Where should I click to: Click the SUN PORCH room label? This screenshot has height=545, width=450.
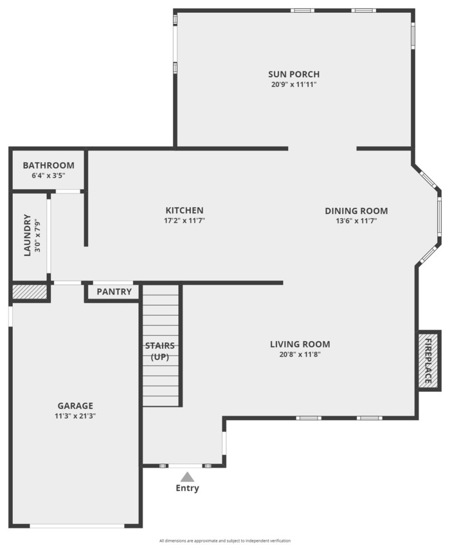[x=294, y=74]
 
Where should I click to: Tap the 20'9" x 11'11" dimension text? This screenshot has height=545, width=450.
[x=294, y=84]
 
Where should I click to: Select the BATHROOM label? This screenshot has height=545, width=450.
[x=49, y=165]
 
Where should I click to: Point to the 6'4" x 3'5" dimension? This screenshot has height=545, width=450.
[x=49, y=176]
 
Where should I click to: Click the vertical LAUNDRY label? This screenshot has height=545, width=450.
[x=27, y=236]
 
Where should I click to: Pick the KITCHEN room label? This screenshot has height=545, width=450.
[x=184, y=210]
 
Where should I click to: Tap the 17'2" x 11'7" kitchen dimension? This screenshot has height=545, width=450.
[x=184, y=220]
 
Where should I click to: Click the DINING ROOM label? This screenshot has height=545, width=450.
[x=356, y=210]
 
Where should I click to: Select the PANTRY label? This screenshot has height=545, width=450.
[x=114, y=291]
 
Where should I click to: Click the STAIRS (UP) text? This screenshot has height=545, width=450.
[x=159, y=351]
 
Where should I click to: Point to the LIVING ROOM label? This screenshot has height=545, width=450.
[x=300, y=344]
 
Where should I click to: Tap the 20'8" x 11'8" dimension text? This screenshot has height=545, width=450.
[x=300, y=354]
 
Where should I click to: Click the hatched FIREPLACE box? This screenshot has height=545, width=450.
[x=429, y=361]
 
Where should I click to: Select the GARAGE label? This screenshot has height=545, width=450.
[x=75, y=405]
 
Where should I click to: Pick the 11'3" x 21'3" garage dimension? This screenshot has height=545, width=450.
[x=75, y=416]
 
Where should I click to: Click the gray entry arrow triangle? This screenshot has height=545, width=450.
[x=187, y=477]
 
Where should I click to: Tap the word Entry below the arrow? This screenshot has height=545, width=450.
[x=188, y=488]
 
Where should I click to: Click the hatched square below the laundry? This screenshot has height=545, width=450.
[x=30, y=291]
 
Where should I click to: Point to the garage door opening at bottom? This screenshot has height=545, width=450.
[x=76, y=526]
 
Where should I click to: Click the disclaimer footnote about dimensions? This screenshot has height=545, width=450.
[x=225, y=540]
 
